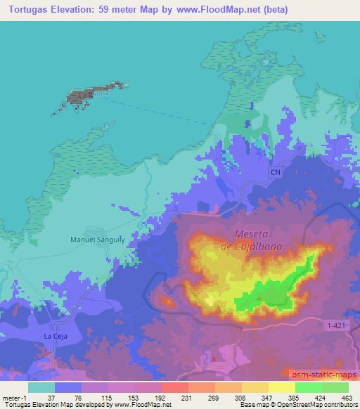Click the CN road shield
click(x=276, y=171)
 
